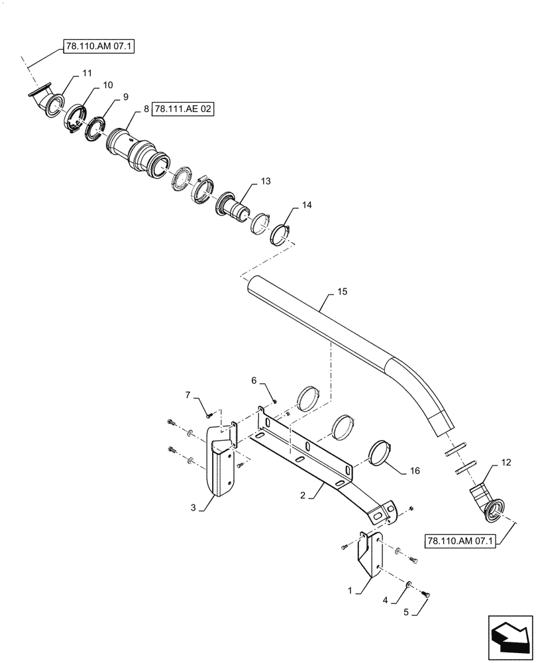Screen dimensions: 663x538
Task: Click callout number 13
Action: click(x=266, y=181)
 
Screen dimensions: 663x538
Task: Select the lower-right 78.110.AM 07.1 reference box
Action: click(x=460, y=542)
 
